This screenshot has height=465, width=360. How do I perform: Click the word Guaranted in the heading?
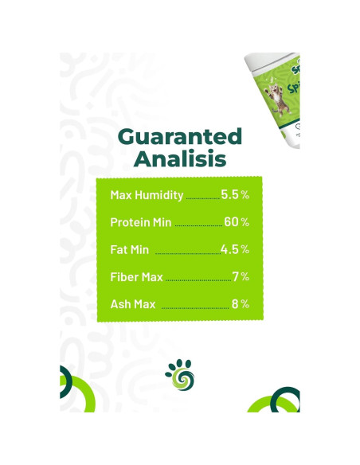tap(179, 136)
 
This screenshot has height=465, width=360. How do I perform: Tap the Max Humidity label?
tap(147, 195)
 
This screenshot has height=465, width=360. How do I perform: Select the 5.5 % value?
tap(235, 194)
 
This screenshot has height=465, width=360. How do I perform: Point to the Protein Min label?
tap(140, 222)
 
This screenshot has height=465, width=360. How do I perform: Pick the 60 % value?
tap(237, 221)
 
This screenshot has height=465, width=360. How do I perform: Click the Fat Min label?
tap(129, 249)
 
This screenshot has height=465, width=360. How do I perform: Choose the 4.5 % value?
tap(235, 248)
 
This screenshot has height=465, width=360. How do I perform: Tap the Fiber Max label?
tap(136, 277)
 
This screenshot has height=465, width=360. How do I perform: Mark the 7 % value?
tap(241, 276)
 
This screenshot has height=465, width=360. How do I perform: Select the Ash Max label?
tap(133, 304)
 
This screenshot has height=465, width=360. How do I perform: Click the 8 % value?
tap(241, 303)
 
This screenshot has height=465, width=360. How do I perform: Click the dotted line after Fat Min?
tap(186, 253)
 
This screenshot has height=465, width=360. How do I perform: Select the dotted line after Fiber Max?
tap(197, 280)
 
